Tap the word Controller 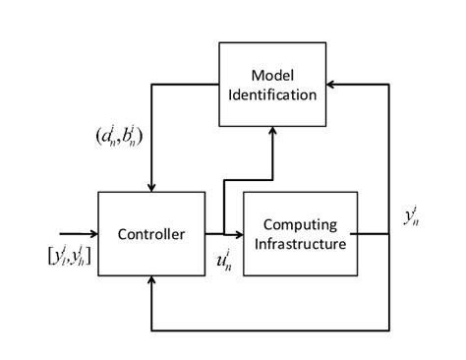click(x=151, y=234)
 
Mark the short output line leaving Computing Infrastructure click(x=369, y=234)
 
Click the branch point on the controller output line click(x=224, y=234)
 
